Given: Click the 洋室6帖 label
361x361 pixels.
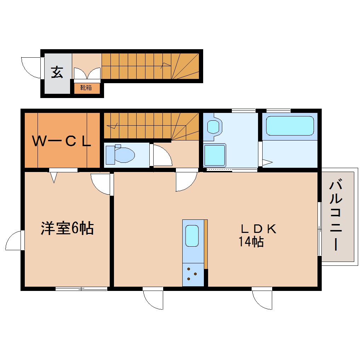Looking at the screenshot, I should pos(67,228).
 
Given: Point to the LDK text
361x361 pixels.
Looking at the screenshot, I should pos(258,229).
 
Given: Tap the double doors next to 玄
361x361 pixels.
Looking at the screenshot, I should pos(87,73).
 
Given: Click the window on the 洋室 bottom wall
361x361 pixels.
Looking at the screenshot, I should pos(81,289).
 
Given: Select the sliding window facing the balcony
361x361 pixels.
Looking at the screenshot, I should pos(320,228).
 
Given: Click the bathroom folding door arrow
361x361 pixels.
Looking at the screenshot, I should pos(266,163).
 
